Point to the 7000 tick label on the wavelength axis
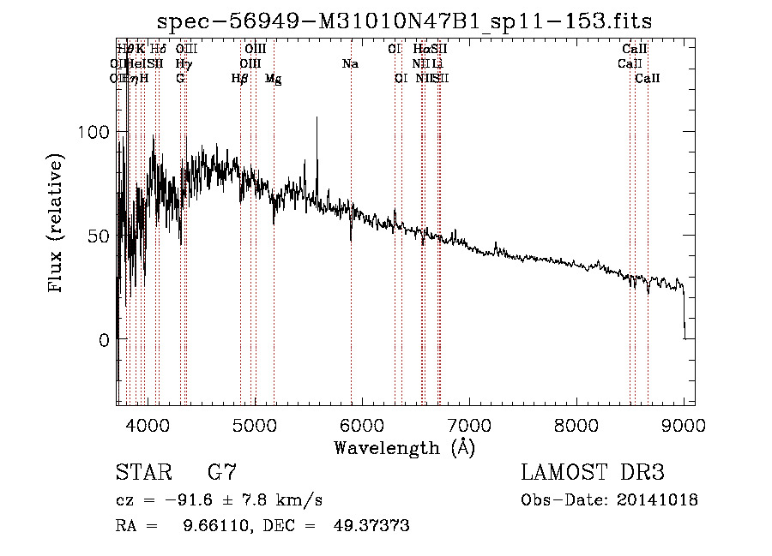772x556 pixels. click(x=468, y=425)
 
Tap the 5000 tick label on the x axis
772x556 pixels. click(x=254, y=425)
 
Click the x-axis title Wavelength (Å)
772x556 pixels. click(x=404, y=446)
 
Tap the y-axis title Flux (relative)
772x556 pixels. click(x=57, y=224)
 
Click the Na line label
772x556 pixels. click(x=350, y=64)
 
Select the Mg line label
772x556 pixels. click(x=273, y=79)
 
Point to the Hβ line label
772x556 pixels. click(x=240, y=78)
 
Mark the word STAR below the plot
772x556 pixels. click(x=142, y=473)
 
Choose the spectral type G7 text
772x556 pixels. click(x=222, y=473)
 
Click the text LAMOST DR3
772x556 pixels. click(x=593, y=473)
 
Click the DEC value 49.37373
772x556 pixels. click(x=371, y=526)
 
